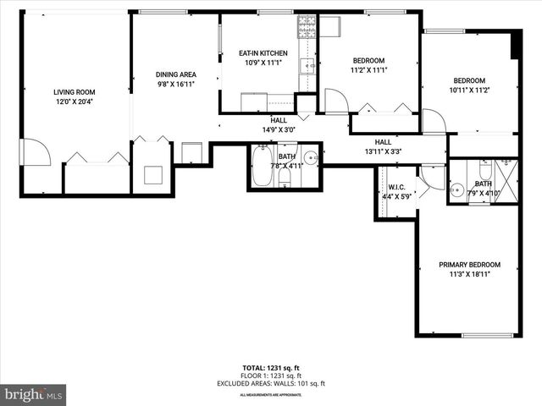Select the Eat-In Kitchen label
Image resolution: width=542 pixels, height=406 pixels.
(x=263, y=53)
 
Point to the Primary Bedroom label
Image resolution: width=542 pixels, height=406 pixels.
(x=469, y=265)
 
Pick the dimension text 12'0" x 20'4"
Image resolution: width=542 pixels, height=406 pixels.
(x=74, y=102)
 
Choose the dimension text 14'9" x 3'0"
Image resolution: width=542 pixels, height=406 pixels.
(x=279, y=130)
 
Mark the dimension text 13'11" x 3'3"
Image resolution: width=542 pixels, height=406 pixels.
(x=383, y=152)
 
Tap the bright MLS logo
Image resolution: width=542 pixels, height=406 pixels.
(x=34, y=395)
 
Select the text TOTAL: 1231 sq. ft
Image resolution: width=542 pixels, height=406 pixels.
(x=270, y=368)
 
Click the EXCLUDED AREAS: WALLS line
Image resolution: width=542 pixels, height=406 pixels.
(x=270, y=384)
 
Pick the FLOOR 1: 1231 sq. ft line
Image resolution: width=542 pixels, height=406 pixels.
(x=270, y=376)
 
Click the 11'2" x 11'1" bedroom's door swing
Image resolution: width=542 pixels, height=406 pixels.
(x=335, y=101)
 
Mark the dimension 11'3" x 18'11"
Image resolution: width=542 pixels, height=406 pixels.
(x=469, y=274)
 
